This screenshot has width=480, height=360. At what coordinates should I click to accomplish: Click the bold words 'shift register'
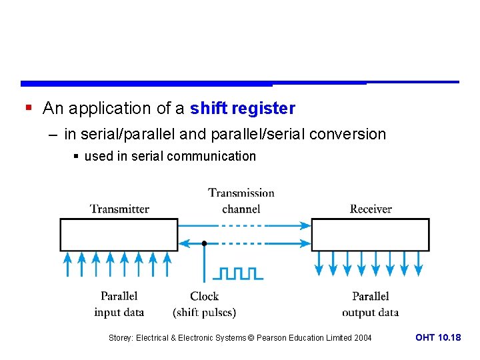tap(243, 108)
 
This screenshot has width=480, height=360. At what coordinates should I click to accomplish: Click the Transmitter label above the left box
tap(119, 209)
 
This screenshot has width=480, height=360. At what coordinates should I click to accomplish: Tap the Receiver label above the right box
tap(371, 209)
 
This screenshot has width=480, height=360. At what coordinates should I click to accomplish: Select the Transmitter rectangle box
tap(119, 235)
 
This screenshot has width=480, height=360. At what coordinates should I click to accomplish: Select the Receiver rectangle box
tap(371, 235)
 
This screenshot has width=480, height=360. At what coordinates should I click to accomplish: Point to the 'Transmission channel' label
tap(241, 201)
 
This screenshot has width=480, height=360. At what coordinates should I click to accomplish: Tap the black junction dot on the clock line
tap(204, 244)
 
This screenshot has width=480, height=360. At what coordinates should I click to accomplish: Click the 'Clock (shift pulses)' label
tap(204, 304)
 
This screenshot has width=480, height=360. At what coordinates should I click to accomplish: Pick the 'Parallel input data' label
tap(119, 304)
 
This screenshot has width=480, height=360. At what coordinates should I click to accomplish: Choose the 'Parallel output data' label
tap(371, 304)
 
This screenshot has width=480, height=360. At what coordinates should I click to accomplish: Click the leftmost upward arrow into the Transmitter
tap(67, 263)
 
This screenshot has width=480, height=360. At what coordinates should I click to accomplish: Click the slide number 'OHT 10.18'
tap(438, 338)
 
